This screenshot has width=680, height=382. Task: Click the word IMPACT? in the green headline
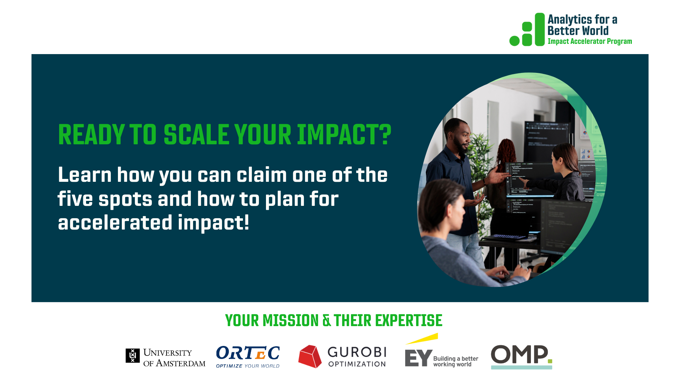pos(344,135)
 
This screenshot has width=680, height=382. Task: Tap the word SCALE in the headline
pos(197,135)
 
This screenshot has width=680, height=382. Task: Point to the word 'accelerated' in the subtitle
pos(115,222)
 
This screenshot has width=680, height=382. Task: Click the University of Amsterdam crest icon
pos(132,355)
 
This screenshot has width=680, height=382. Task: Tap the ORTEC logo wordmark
pos(248,353)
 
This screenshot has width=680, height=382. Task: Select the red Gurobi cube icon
pos(310,357)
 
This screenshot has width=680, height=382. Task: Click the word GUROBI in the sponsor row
pos(357,352)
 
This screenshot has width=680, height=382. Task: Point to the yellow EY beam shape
pos(422,338)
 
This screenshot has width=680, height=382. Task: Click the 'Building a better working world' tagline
pos(455,361)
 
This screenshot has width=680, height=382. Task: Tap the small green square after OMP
pos(550,361)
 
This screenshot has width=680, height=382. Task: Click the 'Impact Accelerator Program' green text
pos(590,41)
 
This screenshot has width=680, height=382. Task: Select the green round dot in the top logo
pos(514,41)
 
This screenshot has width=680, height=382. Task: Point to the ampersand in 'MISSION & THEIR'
pos(327,321)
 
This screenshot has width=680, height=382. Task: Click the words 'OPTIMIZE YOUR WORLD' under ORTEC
pos(248,366)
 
